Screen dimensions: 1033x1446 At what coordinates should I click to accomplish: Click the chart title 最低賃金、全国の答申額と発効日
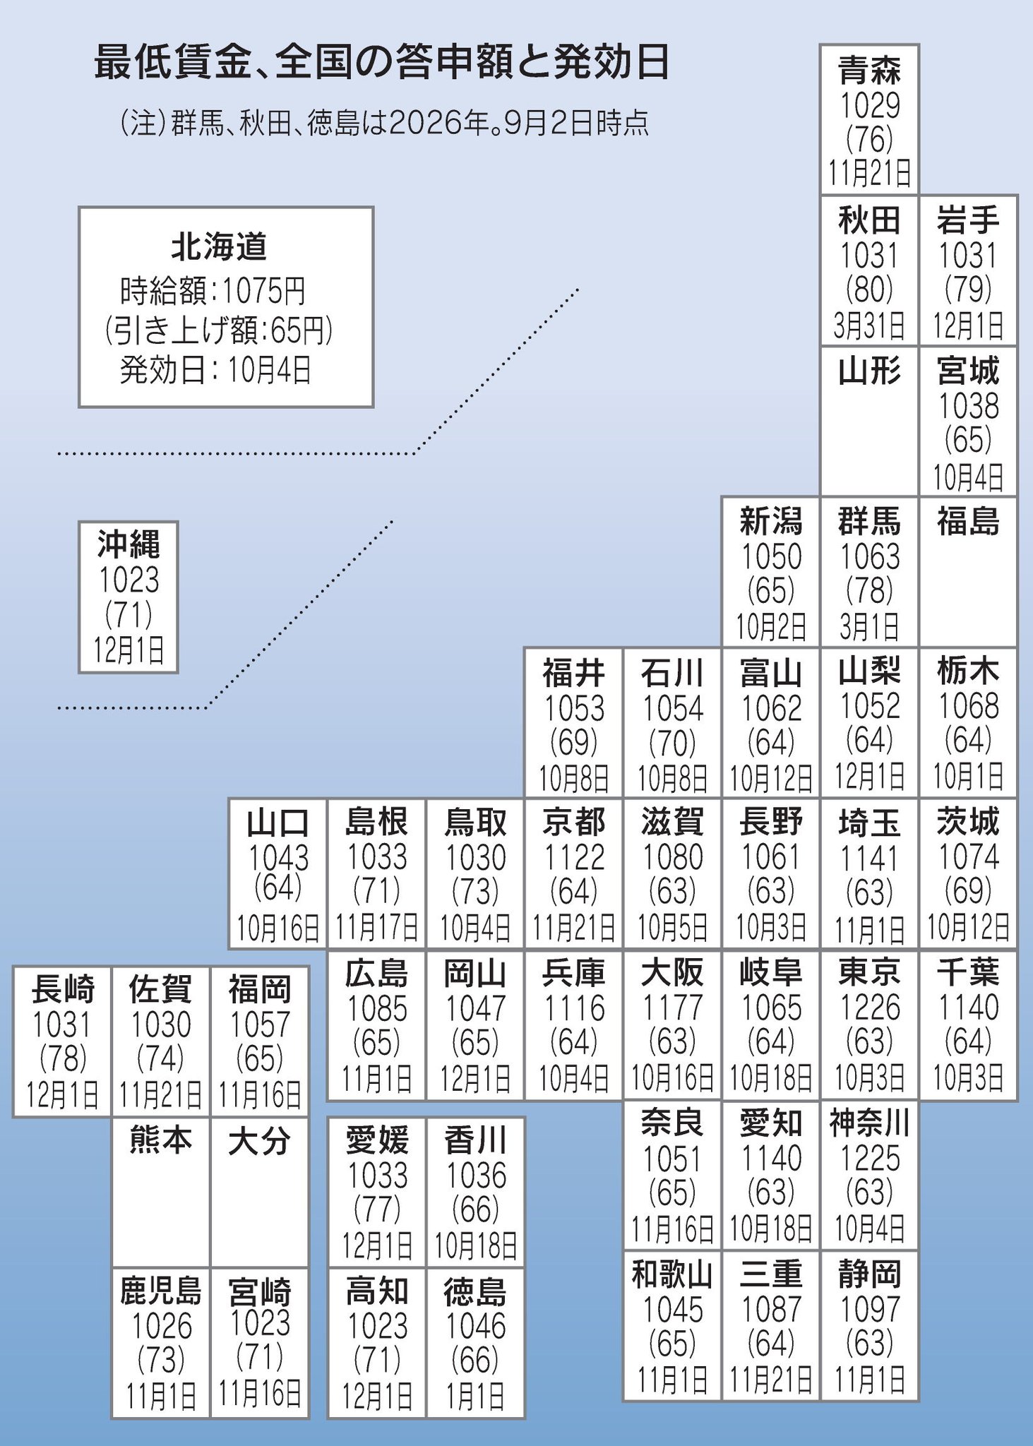381,64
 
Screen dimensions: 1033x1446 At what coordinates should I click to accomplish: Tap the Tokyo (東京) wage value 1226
869,1008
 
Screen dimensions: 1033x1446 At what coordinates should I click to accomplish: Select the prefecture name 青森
869,71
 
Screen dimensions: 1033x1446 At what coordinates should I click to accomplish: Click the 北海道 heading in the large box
219,246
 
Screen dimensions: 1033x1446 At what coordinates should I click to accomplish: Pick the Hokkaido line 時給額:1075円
213,289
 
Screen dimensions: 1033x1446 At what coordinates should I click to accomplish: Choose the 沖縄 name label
129,544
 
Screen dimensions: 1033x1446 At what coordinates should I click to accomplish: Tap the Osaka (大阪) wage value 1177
672,1008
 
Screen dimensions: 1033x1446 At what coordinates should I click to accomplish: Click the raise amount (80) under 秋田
869,289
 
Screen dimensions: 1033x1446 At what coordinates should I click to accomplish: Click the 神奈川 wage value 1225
869,1159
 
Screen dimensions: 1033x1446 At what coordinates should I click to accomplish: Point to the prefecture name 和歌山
672,1274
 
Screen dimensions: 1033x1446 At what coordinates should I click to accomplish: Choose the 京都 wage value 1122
574,857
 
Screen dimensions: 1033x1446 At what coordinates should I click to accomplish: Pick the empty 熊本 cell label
161,1140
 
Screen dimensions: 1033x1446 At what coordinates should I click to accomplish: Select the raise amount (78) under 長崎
63,1058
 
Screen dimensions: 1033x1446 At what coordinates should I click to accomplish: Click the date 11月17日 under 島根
376,928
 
